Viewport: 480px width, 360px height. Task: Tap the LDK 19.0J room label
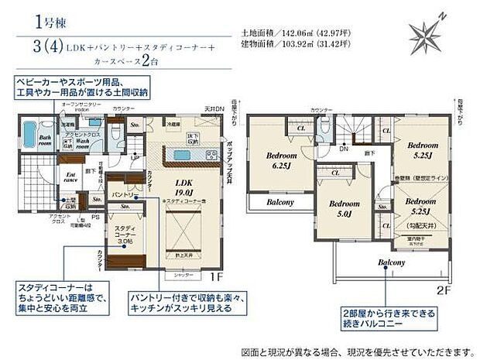(183, 187)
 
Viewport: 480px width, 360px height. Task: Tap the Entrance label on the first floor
(70, 178)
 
